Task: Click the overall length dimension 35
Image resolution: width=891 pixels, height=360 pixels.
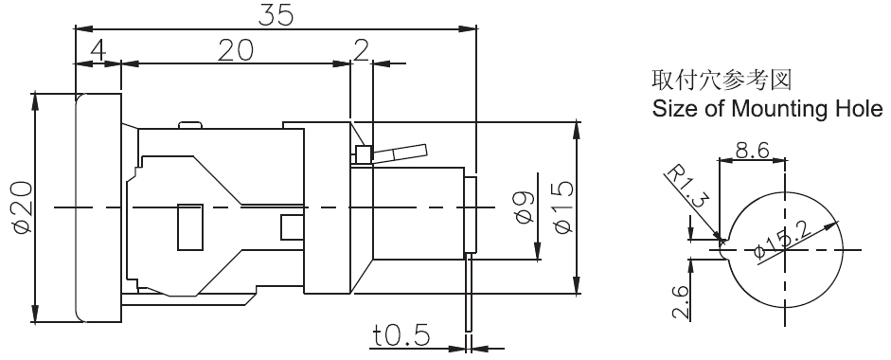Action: (x=276, y=15)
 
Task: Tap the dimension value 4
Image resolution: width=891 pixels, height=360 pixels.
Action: (x=98, y=50)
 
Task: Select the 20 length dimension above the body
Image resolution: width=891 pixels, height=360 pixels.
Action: (x=235, y=50)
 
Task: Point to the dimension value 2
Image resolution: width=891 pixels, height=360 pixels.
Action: (x=362, y=50)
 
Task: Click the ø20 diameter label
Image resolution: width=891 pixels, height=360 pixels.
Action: (x=22, y=208)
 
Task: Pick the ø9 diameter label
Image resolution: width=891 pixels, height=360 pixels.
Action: (x=525, y=207)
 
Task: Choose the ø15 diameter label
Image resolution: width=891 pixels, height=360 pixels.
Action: (x=562, y=207)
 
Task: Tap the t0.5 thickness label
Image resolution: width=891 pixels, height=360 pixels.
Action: (x=401, y=335)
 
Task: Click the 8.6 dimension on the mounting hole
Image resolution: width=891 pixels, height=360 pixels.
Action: (x=753, y=151)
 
